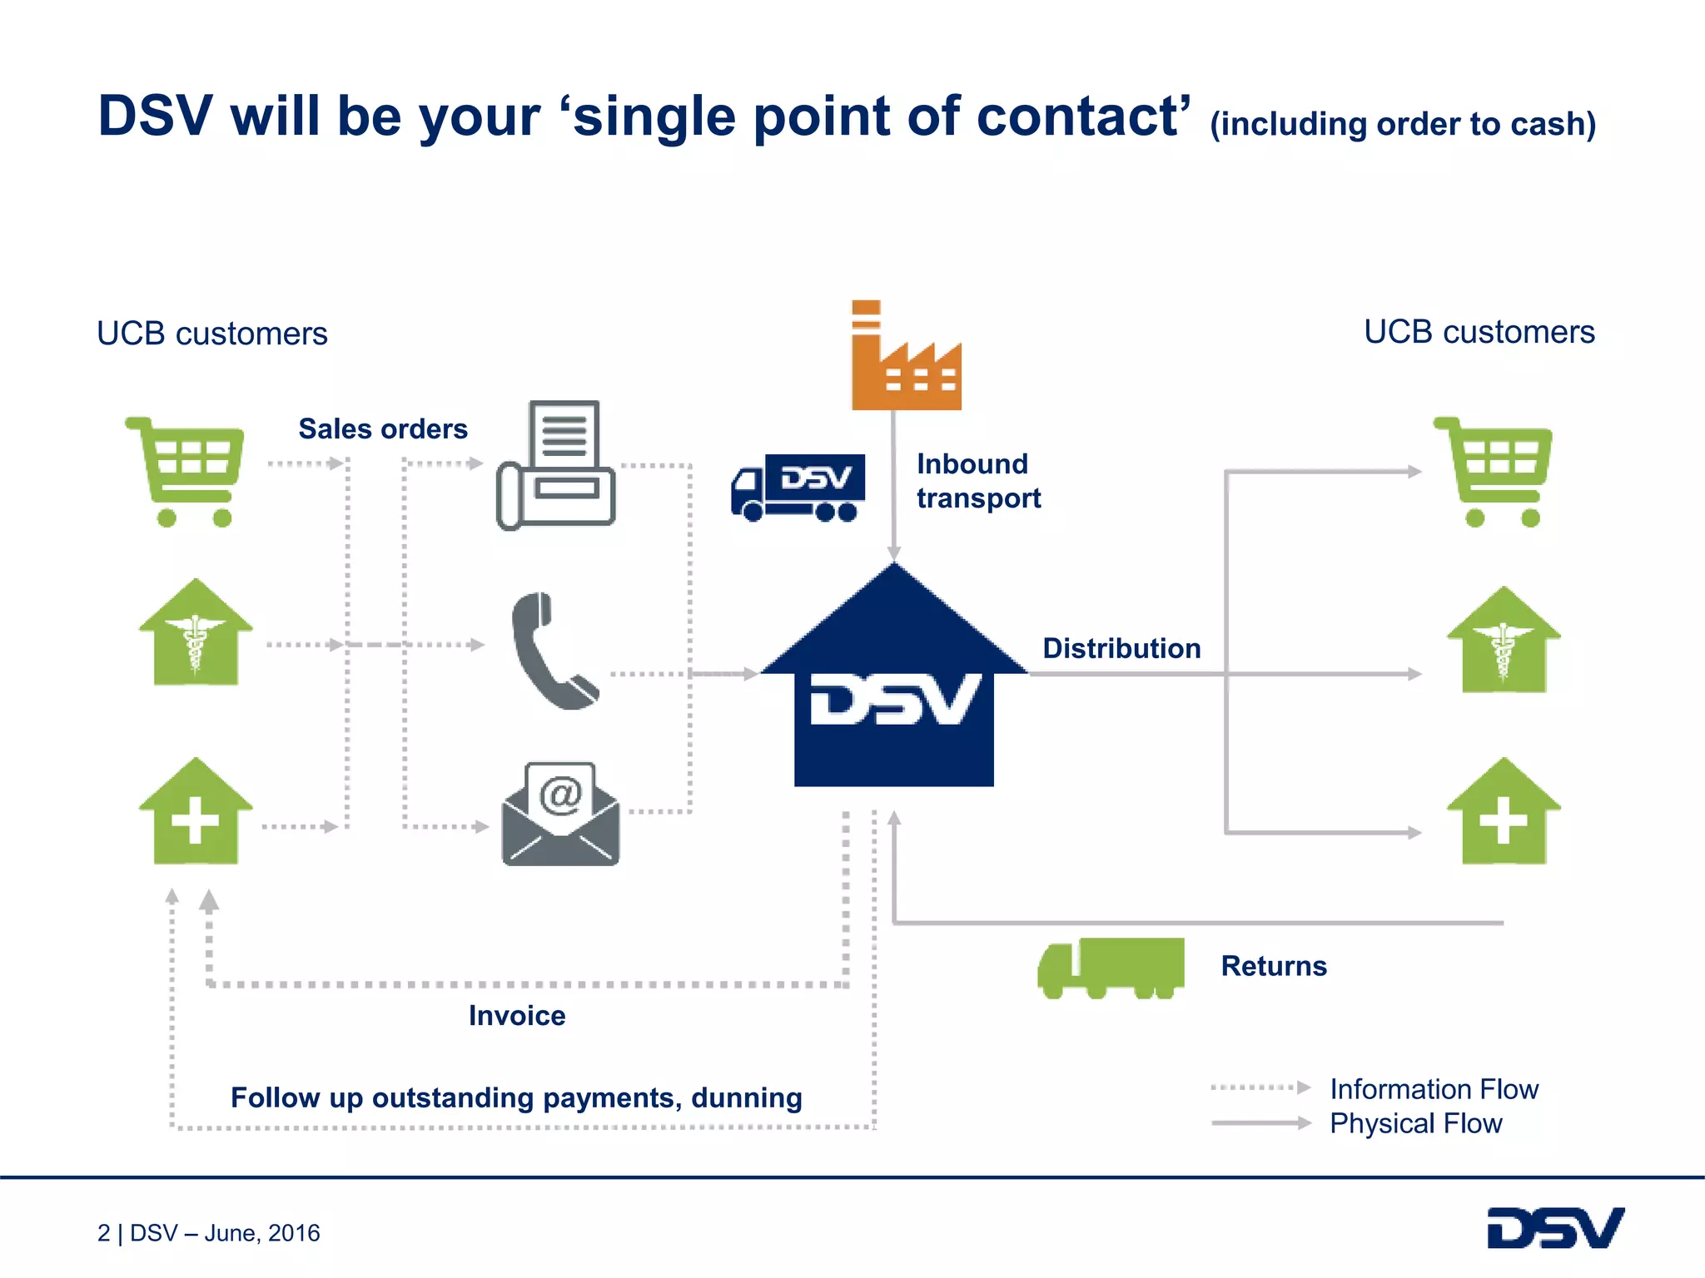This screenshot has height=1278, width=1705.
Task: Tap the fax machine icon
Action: tap(556, 466)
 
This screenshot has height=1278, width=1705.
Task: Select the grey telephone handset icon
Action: tap(552, 651)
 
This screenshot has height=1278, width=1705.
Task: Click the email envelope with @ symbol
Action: tap(560, 815)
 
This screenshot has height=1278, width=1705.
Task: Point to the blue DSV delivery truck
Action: tap(798, 488)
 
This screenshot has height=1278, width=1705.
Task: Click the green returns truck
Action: tap(1111, 968)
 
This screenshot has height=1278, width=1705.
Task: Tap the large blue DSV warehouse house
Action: tap(893, 691)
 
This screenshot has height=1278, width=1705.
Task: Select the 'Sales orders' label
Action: tap(383, 429)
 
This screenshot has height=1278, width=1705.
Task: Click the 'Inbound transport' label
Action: tap(978, 481)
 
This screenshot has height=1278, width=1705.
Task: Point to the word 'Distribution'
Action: tap(1121, 649)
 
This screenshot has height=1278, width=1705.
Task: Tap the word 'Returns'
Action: tap(1274, 967)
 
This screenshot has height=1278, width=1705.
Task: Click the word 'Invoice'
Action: tap(517, 1016)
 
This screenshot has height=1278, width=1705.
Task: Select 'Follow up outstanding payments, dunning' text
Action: tap(516, 1098)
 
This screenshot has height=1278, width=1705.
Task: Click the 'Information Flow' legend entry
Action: tap(1434, 1089)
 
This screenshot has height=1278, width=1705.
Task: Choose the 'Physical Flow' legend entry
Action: tap(1415, 1124)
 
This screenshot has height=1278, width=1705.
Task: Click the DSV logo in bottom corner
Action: tap(1555, 1228)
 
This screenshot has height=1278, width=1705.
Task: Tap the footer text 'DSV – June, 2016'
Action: tap(225, 1233)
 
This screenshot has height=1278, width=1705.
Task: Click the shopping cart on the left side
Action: tap(186, 471)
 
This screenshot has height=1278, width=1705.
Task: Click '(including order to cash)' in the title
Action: tap(1403, 124)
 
